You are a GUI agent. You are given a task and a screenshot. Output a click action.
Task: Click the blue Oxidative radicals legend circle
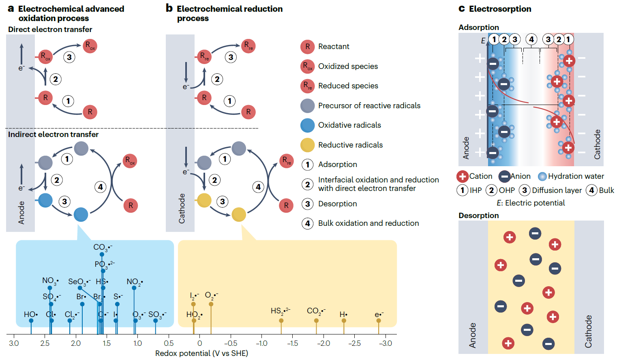(x=308, y=125)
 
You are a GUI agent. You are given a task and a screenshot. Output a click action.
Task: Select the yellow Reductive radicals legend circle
(x=308, y=145)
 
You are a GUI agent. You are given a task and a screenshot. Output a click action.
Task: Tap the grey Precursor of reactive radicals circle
(x=308, y=106)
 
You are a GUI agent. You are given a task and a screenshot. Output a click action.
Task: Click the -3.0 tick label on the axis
(x=386, y=343)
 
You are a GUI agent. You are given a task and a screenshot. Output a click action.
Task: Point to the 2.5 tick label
(x=45, y=343)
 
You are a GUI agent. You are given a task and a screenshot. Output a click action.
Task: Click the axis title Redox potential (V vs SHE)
(x=201, y=354)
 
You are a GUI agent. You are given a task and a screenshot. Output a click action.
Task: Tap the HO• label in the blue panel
(x=31, y=314)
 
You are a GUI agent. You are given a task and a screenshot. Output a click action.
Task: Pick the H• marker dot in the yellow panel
(x=344, y=321)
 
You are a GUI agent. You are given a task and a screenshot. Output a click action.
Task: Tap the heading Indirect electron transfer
(x=53, y=134)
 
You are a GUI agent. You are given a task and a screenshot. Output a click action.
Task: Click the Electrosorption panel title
(x=500, y=9)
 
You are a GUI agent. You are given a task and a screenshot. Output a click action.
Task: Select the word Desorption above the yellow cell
(x=479, y=215)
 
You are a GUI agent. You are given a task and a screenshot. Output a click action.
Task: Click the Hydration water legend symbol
(x=542, y=176)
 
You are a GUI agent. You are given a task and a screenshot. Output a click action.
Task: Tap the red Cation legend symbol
(x=463, y=176)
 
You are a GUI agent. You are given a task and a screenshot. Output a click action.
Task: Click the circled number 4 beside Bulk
(x=592, y=190)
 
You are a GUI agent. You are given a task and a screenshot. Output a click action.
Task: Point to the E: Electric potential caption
(x=531, y=203)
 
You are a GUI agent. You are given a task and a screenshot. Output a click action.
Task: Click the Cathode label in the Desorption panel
(x=588, y=331)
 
